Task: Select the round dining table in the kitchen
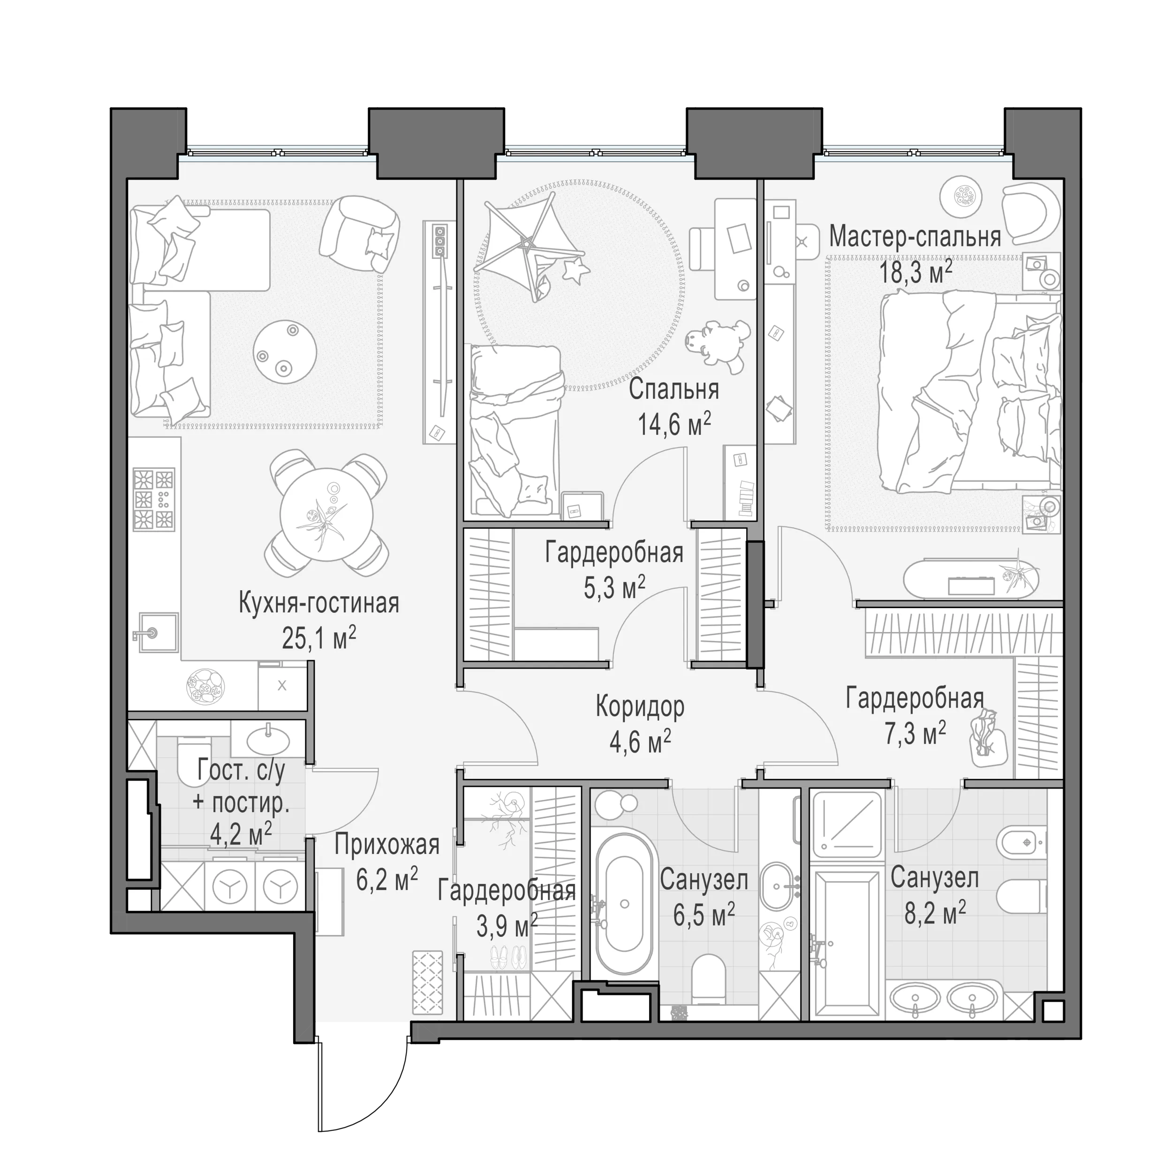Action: click(326, 515)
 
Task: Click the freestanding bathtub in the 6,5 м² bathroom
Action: click(625, 903)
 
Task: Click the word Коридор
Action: click(640, 707)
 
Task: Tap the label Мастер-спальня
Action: click(915, 237)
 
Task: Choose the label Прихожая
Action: click(386, 845)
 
